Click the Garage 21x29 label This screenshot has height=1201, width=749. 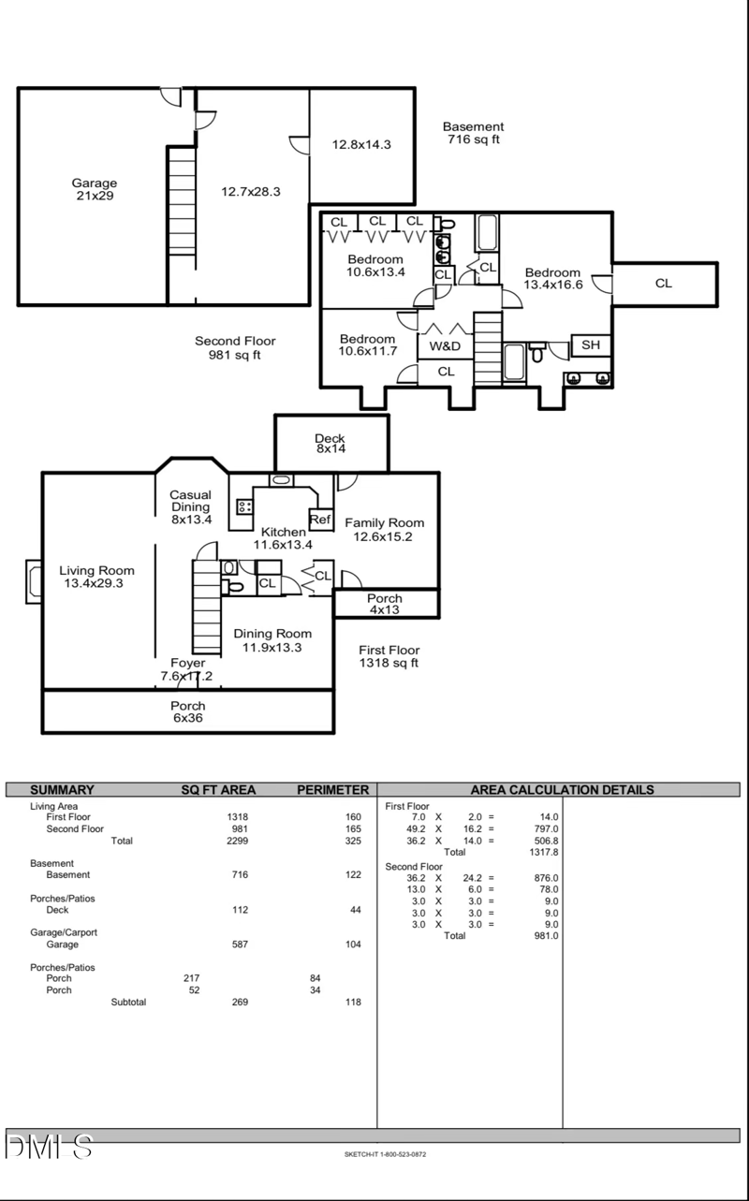tap(95, 190)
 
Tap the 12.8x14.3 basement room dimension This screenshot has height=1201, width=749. tap(361, 144)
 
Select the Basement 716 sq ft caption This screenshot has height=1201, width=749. tap(473, 133)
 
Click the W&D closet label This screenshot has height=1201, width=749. tap(445, 346)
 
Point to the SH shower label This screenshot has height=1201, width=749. tap(590, 345)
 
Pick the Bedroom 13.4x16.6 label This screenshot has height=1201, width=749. tap(553, 279)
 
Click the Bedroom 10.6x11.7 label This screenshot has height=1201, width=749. tap(368, 344)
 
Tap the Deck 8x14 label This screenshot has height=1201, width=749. tap(330, 444)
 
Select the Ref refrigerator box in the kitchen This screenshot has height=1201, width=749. tap(320, 520)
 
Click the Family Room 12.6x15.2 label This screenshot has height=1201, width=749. tap(384, 530)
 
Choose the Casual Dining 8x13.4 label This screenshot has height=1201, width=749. tap(190, 506)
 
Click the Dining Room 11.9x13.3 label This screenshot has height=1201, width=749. tap(272, 640)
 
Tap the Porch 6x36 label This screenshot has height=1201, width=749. tap(188, 711)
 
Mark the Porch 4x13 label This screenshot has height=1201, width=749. tap(385, 605)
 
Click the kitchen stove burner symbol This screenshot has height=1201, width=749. tap(244, 506)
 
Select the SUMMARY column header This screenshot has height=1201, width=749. tap(62, 790)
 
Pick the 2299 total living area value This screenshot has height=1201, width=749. tap(238, 841)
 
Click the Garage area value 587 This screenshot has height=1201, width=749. tap(240, 945)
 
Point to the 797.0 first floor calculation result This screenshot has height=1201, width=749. tap(546, 828)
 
